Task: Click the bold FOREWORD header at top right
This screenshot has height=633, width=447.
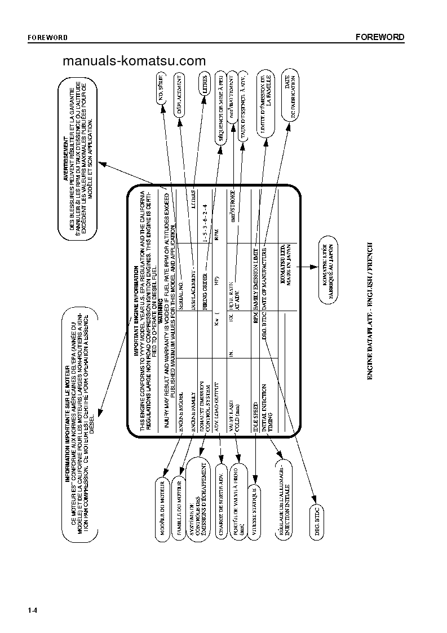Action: [379, 37]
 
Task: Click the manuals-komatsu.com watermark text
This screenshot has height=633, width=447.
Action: [134, 61]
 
